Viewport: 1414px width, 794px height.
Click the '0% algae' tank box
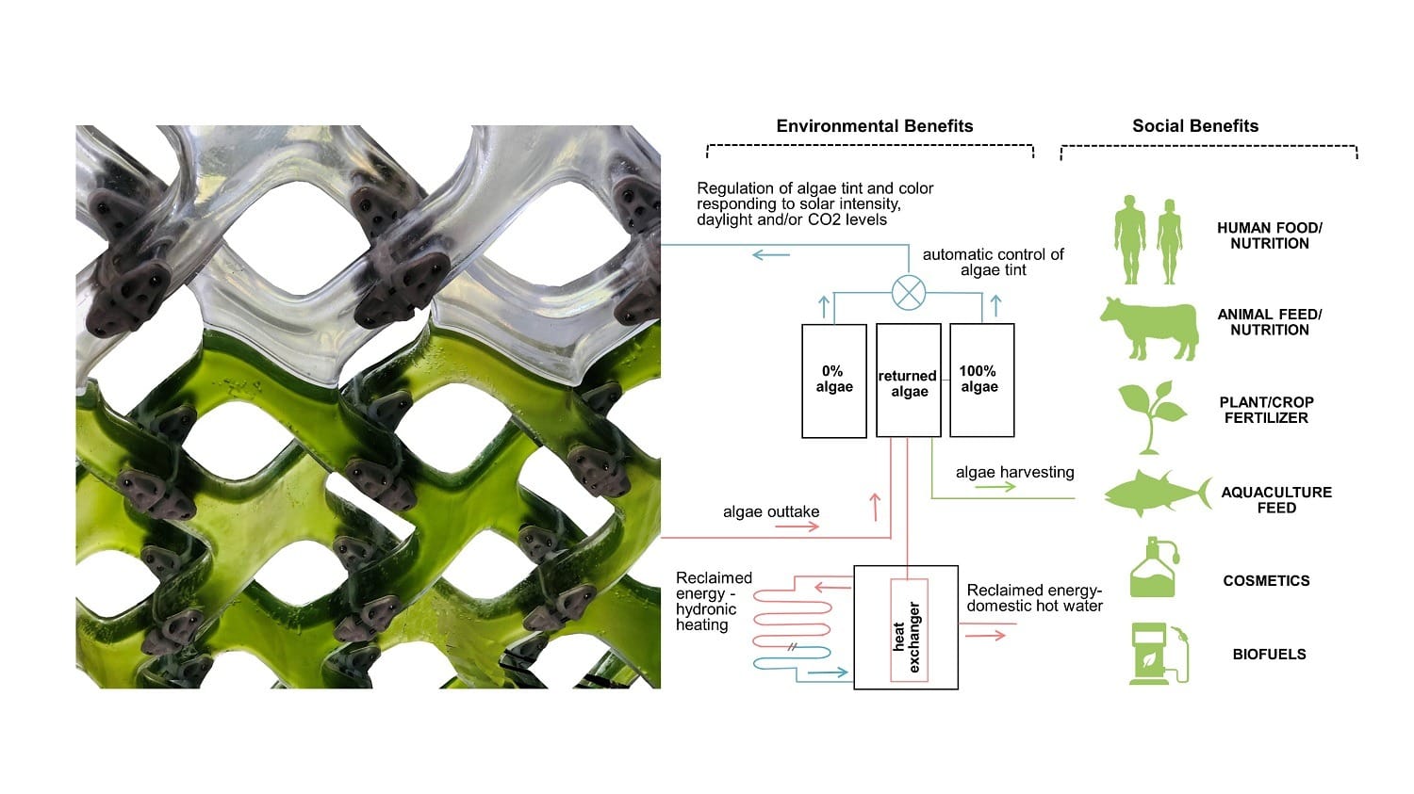[833, 381]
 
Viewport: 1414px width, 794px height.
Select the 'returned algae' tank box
[908, 381]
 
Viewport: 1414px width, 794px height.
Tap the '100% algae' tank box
[981, 381]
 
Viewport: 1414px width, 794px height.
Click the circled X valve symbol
[908, 293]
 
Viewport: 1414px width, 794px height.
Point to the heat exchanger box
[905, 627]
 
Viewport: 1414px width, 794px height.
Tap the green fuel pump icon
[1158, 653]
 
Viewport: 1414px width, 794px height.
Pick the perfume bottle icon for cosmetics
[1154, 568]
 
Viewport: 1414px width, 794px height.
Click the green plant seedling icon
[1152, 415]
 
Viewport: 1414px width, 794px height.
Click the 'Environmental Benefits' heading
[874, 126]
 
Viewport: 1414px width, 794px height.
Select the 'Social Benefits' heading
[1194, 126]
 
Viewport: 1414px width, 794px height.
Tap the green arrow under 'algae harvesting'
[995, 487]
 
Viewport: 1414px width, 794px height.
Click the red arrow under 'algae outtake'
[797, 527]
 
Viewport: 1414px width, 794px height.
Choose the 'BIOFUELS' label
[1269, 654]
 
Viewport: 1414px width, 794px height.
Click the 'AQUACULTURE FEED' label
[1275, 500]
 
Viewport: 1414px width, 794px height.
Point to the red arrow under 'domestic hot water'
[985, 636]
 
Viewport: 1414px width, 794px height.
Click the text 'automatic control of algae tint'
[993, 262]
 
